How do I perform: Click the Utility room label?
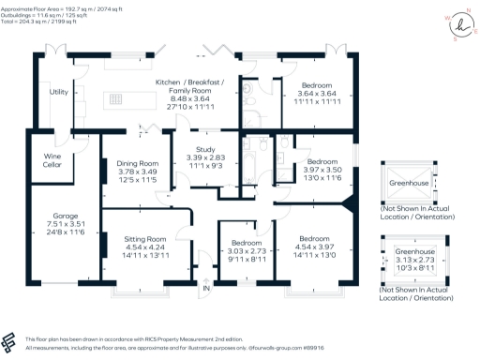[x=58, y=92]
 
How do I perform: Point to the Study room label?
[x=205, y=150]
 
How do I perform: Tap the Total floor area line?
[x=37, y=21]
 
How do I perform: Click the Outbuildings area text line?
[x=45, y=13]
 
